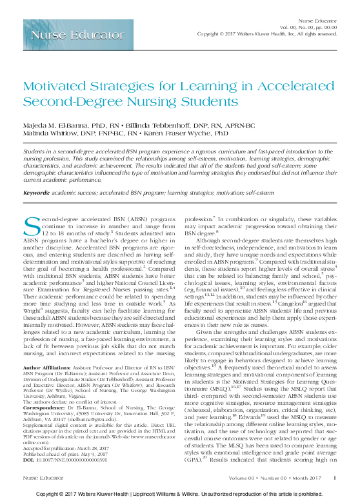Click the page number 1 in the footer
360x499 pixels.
(x=335, y=477)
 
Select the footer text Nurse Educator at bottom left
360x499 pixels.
(x=40, y=478)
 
